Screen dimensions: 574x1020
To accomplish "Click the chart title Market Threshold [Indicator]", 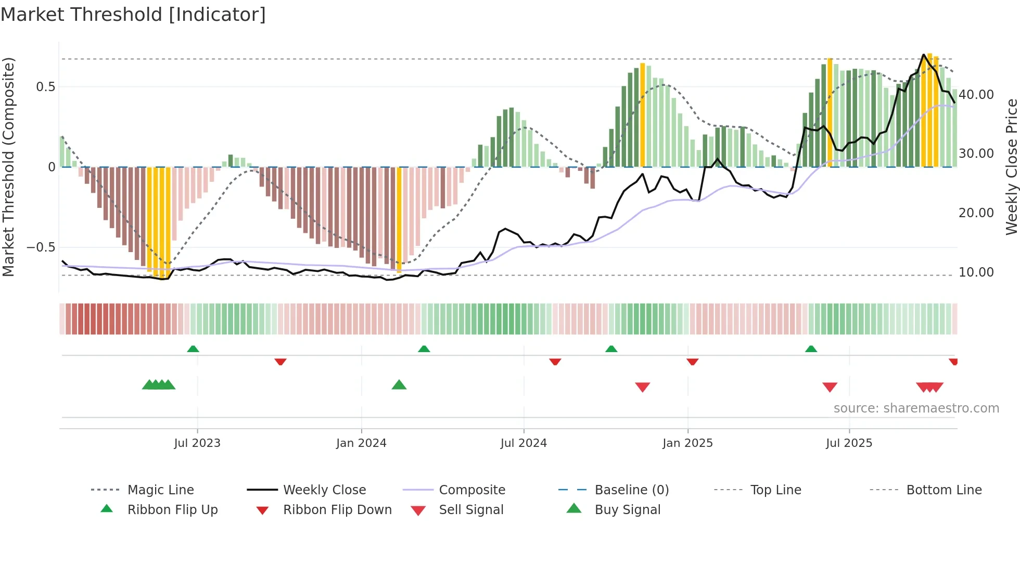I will (133, 15).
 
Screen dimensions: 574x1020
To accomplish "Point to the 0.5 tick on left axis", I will (45, 87).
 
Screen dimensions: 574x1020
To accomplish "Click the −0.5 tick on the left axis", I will (41, 247).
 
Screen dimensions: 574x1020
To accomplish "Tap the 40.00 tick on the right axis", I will (976, 95).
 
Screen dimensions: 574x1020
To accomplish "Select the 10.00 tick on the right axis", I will (976, 272).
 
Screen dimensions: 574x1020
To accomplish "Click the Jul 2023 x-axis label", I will (197, 443).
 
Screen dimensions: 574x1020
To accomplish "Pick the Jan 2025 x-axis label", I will (687, 443).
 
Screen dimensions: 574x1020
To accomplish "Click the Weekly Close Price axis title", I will (1011, 167).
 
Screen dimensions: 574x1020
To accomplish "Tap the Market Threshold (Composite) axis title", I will (8, 167).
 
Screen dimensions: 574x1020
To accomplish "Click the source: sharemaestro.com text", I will (916, 408).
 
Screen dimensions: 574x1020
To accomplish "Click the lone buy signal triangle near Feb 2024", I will (399, 385).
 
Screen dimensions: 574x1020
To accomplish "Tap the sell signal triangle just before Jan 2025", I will (643, 387).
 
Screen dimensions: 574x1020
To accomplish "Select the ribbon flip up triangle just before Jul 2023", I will (193, 348).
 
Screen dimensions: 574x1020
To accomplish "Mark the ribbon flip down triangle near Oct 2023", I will (280, 361).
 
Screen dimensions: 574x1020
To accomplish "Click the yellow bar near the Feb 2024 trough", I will (399, 219).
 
